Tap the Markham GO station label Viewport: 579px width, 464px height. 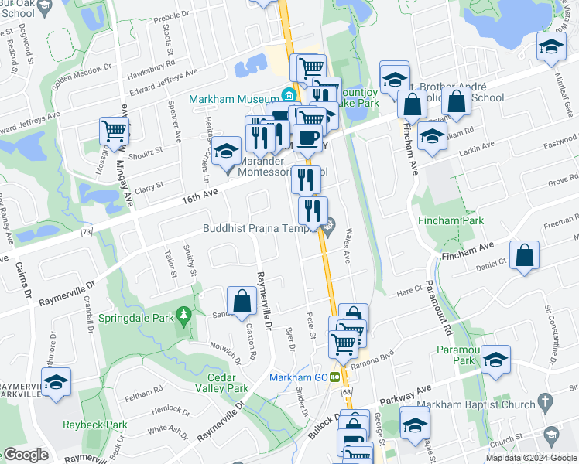click(298, 377)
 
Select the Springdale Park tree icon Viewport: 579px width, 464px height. click(183, 316)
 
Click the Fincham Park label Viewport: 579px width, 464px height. click(451, 220)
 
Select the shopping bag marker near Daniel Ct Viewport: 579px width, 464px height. click(525, 256)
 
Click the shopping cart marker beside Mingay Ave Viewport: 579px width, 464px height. click(114, 131)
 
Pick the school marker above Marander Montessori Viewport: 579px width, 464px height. click(227, 152)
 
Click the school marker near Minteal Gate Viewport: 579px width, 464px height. click(550, 49)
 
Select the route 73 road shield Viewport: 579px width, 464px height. click(86, 231)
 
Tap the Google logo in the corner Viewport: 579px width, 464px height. click(26, 455)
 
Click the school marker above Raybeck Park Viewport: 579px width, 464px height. click(56, 382)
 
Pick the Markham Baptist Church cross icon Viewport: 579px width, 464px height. click(545, 401)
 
